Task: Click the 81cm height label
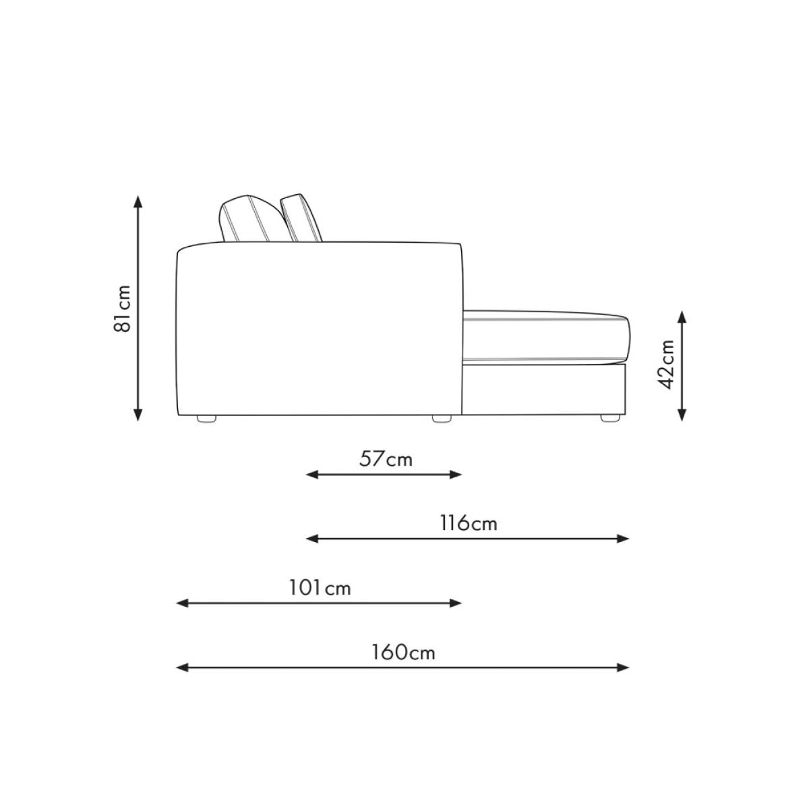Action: click(x=122, y=309)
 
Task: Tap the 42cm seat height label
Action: click(x=665, y=365)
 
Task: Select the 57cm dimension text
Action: click(x=386, y=460)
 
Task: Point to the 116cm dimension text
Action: click(x=468, y=524)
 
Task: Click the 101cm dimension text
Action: click(x=320, y=588)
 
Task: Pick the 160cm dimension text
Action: click(x=403, y=653)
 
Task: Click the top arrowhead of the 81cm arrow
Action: click(x=138, y=202)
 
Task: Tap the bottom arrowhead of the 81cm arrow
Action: click(x=138, y=414)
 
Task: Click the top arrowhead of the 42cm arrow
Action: click(x=682, y=317)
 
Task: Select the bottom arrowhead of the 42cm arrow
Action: click(x=682, y=415)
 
